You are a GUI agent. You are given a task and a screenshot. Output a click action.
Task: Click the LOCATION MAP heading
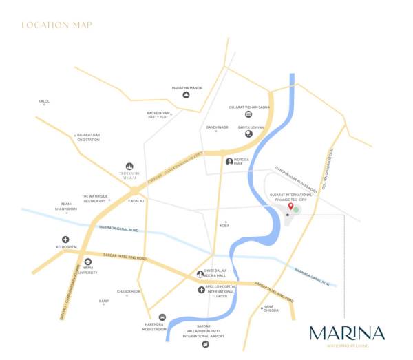click(56, 25)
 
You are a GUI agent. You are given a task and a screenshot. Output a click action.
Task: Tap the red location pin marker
click(290, 207)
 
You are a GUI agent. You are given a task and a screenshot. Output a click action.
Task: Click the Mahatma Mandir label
click(186, 87)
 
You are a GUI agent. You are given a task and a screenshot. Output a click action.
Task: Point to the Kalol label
click(44, 101)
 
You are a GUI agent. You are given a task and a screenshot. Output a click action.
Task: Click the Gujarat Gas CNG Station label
click(88, 138)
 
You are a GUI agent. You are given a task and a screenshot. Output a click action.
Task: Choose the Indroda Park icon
click(229, 162)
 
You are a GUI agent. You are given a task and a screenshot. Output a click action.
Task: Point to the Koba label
click(225, 224)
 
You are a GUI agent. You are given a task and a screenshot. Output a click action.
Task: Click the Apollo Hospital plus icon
click(201, 290)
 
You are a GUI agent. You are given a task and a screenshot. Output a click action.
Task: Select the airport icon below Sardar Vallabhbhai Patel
click(205, 343)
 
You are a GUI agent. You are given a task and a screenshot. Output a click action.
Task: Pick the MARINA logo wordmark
click(347, 333)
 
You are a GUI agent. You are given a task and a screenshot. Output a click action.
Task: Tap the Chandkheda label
click(129, 291)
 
